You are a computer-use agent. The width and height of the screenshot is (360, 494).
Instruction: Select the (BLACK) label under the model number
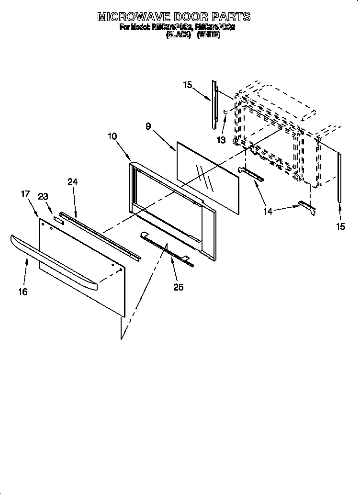pos(179,35)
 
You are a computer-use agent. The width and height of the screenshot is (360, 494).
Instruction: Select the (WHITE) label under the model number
pos(208,35)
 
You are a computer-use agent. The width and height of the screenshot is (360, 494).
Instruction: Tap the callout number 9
pos(148,126)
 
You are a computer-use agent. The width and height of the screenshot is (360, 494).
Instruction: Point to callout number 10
pos(112,136)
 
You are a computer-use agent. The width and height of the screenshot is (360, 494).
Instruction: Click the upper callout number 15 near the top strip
pos(188,85)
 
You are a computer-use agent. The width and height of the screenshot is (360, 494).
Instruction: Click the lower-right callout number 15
pos(340,226)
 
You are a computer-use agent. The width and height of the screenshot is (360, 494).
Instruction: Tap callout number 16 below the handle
pos(23,292)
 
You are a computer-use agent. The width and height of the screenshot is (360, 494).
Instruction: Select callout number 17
pos(25,194)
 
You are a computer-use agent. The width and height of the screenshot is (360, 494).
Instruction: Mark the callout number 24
pos(72,181)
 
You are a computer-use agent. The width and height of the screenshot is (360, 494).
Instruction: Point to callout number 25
pos(179,287)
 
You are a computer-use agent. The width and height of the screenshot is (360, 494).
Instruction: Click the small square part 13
pos(225,112)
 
